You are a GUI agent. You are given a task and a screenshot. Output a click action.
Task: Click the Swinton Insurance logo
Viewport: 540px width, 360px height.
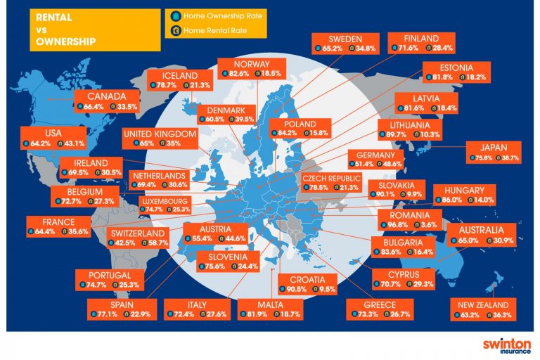pos(502,347)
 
